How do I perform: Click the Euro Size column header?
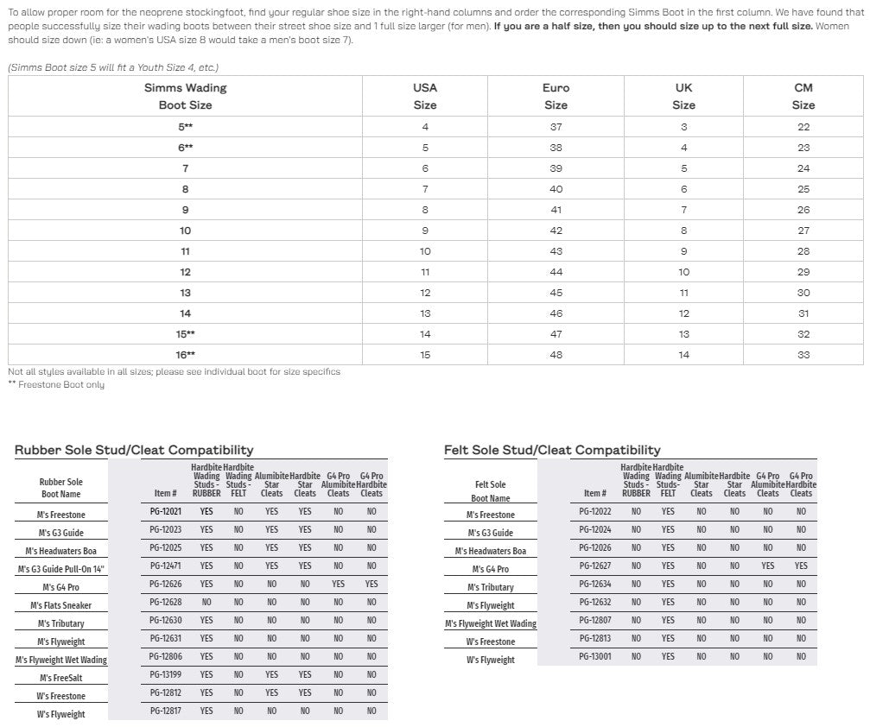[x=556, y=96]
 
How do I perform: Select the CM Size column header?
[x=803, y=96]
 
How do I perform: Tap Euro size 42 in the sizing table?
[x=556, y=231]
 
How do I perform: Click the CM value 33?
[x=803, y=355]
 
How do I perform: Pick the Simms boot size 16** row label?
[x=185, y=355]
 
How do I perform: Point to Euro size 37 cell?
[x=556, y=127]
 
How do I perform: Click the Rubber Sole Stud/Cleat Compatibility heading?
[x=134, y=450]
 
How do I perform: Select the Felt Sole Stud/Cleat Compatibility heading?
[x=552, y=450]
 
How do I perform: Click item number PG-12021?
[x=164, y=511]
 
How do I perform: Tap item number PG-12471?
[x=164, y=566]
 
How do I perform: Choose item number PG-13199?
[x=164, y=674]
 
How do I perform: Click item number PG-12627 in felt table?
[x=595, y=566]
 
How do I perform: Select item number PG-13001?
[x=595, y=656]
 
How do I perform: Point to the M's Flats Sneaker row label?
[x=60, y=605]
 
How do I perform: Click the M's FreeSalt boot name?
[x=60, y=678]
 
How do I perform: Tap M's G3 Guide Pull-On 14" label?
[x=60, y=569]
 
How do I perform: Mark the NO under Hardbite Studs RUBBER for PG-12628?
[x=206, y=602]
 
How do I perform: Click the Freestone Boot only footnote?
[x=56, y=384]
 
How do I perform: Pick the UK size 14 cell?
[x=683, y=355]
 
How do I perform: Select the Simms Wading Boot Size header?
[x=185, y=96]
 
